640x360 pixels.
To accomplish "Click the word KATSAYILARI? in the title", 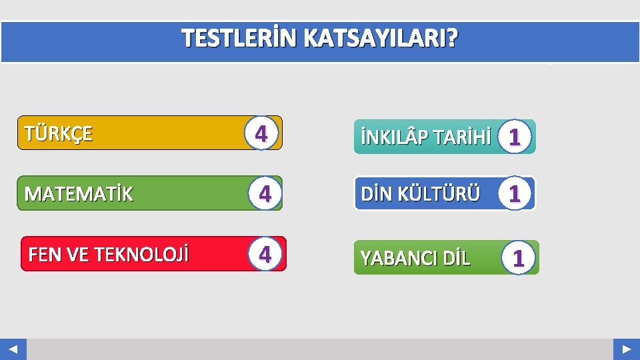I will [381, 40].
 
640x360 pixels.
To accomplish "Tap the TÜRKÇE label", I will [59, 133].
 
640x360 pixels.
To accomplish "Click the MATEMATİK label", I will [79, 194].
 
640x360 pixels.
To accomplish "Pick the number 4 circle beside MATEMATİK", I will [265, 194].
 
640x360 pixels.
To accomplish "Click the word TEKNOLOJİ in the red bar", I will [141, 255].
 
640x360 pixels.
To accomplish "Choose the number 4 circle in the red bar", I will [265, 255].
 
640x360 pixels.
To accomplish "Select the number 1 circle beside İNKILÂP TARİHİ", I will [513, 137].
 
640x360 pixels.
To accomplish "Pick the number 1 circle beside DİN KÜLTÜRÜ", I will [514, 194].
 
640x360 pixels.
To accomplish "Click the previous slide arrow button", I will [13, 349].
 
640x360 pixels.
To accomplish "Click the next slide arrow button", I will [627, 349].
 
